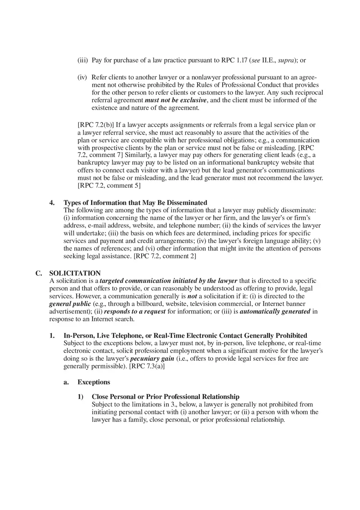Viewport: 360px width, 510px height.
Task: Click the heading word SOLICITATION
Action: point(75,273)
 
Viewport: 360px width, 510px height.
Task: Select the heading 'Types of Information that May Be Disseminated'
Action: point(135,203)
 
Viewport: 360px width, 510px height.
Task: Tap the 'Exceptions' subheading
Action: point(94,382)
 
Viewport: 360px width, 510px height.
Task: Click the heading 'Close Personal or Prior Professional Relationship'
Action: point(165,397)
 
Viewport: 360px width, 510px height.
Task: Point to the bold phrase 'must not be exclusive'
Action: point(175,100)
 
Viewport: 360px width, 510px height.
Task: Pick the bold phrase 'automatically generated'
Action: point(275,312)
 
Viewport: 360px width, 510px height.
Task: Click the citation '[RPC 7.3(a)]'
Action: point(147,366)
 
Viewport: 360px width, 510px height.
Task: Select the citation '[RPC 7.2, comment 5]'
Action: point(109,186)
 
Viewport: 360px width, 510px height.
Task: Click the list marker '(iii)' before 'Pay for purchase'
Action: point(83,61)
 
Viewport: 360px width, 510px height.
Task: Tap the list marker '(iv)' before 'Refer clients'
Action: point(83,77)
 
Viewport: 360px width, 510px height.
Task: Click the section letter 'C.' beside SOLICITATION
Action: point(39,273)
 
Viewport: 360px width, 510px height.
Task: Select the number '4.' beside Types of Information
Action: point(52,203)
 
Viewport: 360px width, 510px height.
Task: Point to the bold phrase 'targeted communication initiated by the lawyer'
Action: point(169,281)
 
